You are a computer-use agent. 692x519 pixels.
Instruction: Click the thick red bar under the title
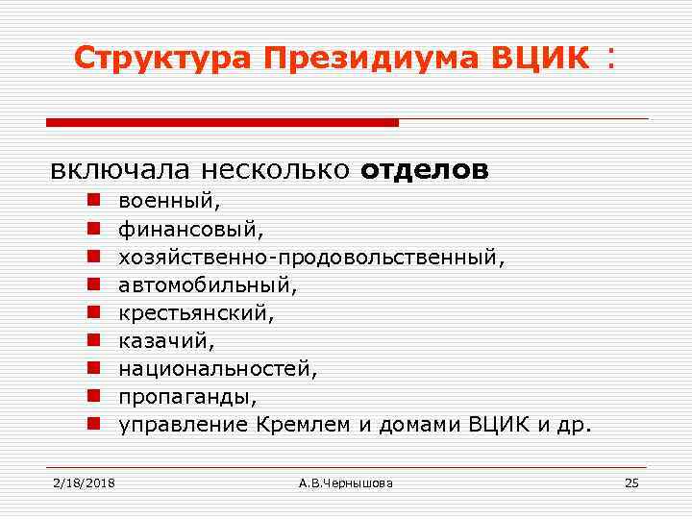coord(222,123)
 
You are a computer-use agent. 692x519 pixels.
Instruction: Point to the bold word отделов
coord(425,170)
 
